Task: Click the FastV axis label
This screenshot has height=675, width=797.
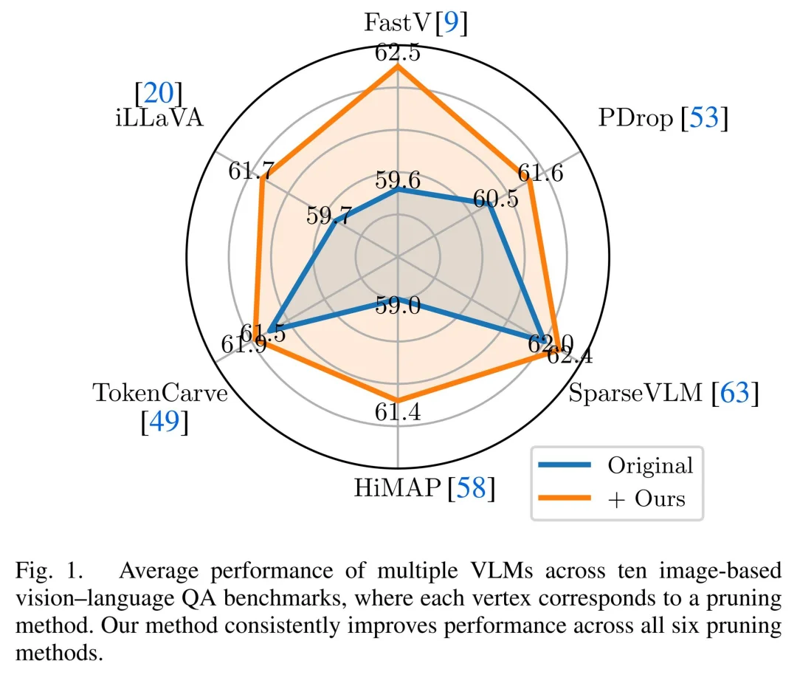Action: click(398, 23)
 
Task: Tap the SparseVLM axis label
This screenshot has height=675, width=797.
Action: click(635, 394)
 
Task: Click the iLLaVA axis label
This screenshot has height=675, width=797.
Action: click(159, 118)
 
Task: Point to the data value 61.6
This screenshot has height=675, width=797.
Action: click(540, 173)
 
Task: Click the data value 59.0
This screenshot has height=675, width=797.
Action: click(398, 305)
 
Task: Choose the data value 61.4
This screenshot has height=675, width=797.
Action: click(398, 413)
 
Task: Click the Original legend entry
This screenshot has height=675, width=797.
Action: click(649, 465)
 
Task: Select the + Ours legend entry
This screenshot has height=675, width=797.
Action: click(646, 498)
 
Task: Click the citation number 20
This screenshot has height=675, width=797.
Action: click(159, 93)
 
